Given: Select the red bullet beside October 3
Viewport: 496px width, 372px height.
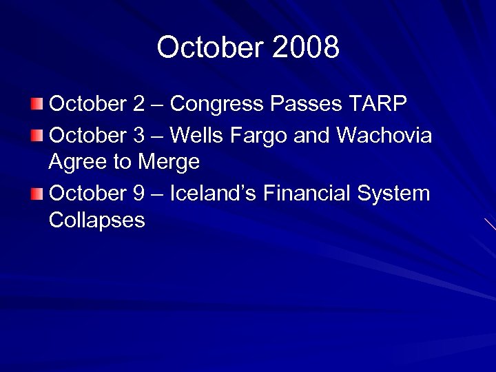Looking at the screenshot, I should pyautogui.click(x=37, y=134).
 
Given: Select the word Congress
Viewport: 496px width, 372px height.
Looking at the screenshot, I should pyautogui.click(x=216, y=105).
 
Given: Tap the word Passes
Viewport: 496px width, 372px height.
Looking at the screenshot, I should pyautogui.click(x=302, y=105).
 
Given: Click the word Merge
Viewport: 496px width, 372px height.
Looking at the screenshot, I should pyautogui.click(x=169, y=163).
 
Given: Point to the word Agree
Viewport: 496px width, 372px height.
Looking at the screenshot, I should pyautogui.click(x=77, y=163).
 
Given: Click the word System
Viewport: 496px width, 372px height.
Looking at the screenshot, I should pyautogui.click(x=393, y=194).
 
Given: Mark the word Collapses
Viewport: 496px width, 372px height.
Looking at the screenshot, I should pyautogui.click(x=97, y=221).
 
